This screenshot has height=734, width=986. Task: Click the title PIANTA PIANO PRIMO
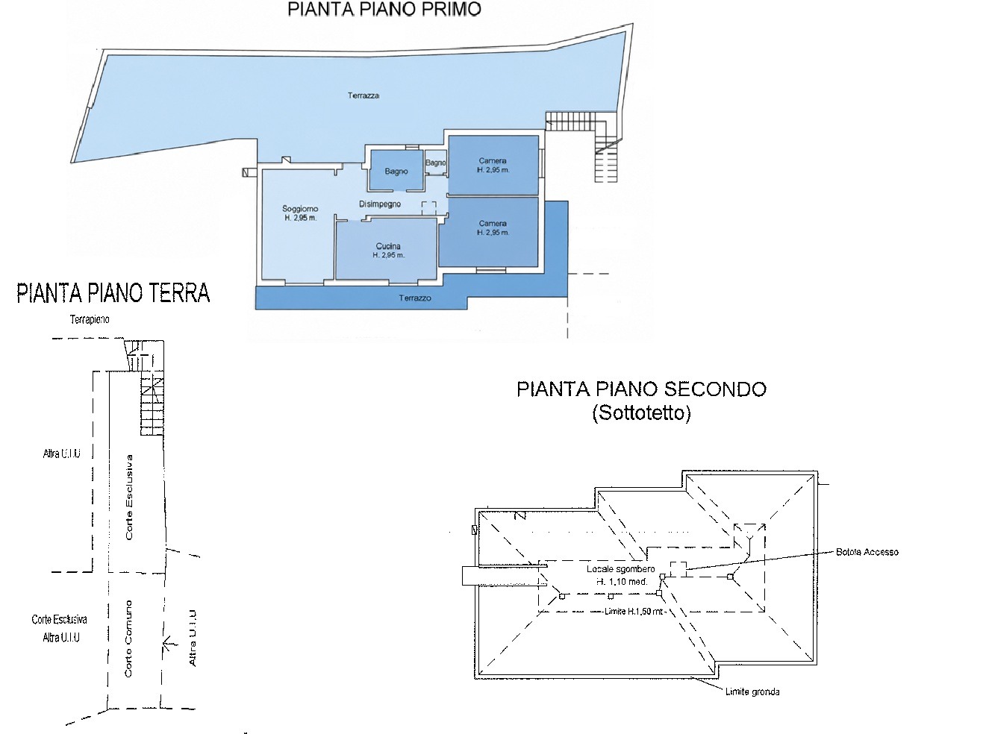pyautogui.click(x=384, y=10)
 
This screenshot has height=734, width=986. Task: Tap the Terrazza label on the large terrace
pyautogui.click(x=363, y=95)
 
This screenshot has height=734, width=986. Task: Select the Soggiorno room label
pyautogui.click(x=301, y=208)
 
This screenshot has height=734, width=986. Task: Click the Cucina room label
pyautogui.click(x=388, y=245)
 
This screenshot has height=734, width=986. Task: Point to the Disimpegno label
pyautogui.click(x=380, y=204)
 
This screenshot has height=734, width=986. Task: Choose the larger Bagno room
pyautogui.click(x=396, y=171)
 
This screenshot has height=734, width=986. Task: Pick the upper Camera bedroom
pyautogui.click(x=493, y=165)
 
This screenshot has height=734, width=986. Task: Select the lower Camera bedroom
pyautogui.click(x=489, y=232)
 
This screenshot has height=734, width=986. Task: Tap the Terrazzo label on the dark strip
pyautogui.click(x=415, y=298)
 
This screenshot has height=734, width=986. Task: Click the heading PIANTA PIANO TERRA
pyautogui.click(x=113, y=293)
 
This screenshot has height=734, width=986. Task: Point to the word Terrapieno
pyautogui.click(x=90, y=319)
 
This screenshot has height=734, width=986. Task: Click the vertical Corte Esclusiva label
pyautogui.click(x=129, y=498)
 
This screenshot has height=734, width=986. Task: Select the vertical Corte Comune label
pyautogui.click(x=128, y=639)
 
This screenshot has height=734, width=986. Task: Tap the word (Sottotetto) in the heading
pyautogui.click(x=641, y=413)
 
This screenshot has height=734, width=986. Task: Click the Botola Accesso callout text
pyautogui.click(x=867, y=552)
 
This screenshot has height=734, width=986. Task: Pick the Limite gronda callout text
pyautogui.click(x=752, y=691)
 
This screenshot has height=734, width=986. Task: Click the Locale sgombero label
pyautogui.click(x=620, y=568)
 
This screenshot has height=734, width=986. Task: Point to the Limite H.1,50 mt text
pyautogui.click(x=634, y=612)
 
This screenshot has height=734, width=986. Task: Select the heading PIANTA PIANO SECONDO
pyautogui.click(x=641, y=389)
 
